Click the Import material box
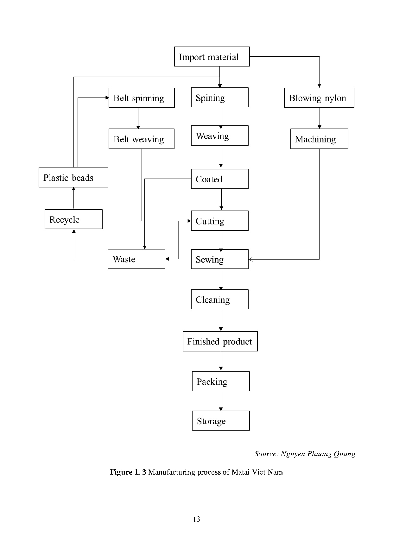[212, 57]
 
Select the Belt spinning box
[142, 98]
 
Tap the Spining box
[219, 98]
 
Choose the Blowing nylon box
[319, 98]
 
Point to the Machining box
[319, 139]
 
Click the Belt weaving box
[141, 139]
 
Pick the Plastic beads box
[73, 177]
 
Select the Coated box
[219, 179]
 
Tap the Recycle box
[73, 219]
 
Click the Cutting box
[219, 221]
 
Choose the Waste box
[136, 259]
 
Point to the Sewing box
[219, 259]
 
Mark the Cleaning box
[219, 299]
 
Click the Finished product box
[220, 341]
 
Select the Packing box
[221, 382]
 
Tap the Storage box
[221, 421]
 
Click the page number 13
[196, 519]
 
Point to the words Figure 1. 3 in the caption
[128, 472]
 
